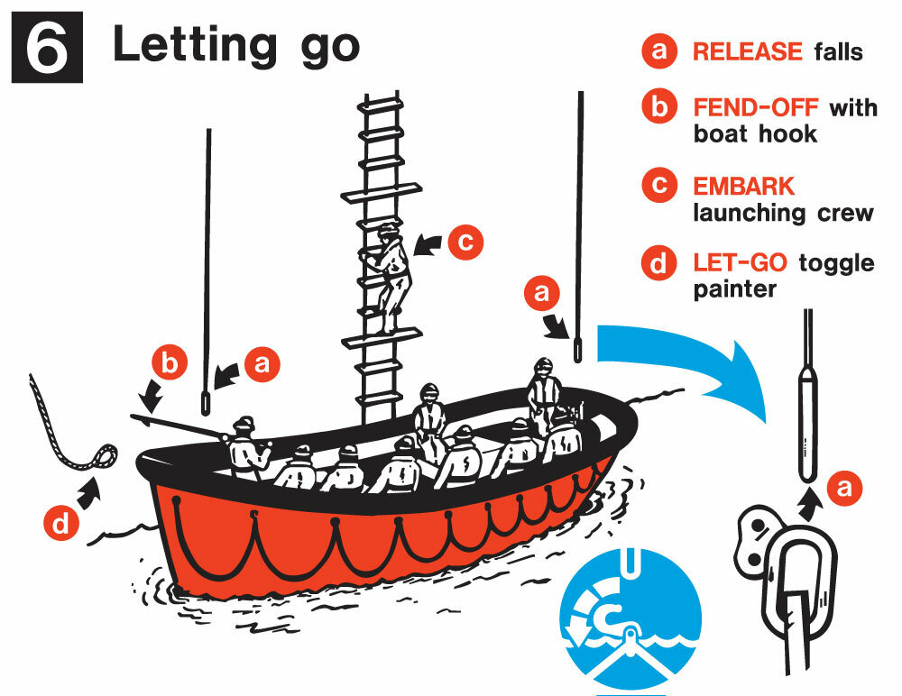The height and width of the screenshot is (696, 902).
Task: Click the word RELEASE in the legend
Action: (747, 51)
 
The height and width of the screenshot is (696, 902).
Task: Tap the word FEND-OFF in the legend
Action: (755, 107)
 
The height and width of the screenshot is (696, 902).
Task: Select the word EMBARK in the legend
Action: (743, 187)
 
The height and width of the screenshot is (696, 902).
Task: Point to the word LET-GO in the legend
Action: (740, 263)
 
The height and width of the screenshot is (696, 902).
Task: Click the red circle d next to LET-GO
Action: (659, 263)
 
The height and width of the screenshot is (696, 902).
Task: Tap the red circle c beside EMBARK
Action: (659, 186)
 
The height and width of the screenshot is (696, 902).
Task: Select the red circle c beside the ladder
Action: (465, 242)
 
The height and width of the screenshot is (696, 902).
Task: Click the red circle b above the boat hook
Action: (170, 363)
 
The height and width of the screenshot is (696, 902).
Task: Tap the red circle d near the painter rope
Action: (61, 523)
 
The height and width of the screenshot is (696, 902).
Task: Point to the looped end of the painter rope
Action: (105, 456)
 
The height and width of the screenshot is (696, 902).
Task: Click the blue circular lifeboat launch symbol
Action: (630, 619)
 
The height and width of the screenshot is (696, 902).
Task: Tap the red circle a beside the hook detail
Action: (844, 488)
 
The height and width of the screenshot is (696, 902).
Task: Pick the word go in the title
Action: (330, 47)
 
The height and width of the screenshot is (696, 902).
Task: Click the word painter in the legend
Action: (734, 288)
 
